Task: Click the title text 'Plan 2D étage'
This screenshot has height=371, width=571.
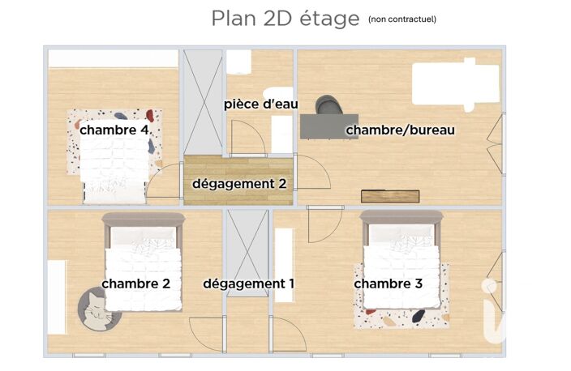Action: click(285, 19)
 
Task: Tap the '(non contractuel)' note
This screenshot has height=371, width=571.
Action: click(402, 19)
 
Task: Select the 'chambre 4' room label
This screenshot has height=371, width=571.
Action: click(114, 130)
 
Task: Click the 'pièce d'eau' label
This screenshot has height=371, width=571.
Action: click(260, 104)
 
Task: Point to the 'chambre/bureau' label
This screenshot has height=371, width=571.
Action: click(400, 130)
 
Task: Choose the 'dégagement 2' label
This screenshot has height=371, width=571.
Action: click(239, 184)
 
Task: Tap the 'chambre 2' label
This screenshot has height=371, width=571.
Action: click(135, 284)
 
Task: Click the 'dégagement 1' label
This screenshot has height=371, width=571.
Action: click(248, 284)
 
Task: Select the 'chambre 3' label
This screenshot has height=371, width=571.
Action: click(389, 284)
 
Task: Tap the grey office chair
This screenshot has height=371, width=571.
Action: click(328, 104)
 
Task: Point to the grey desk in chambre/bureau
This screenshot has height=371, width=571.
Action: click(328, 126)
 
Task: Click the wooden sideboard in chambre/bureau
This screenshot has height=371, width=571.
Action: click(390, 196)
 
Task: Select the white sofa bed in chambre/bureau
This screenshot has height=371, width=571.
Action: click(455, 84)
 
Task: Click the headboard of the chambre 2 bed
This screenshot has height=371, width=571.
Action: click(144, 220)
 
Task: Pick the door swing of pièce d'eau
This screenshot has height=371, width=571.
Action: click(248, 139)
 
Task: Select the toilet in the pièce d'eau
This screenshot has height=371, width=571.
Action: click(238, 62)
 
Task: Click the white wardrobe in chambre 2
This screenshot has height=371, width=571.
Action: click(57, 296)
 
